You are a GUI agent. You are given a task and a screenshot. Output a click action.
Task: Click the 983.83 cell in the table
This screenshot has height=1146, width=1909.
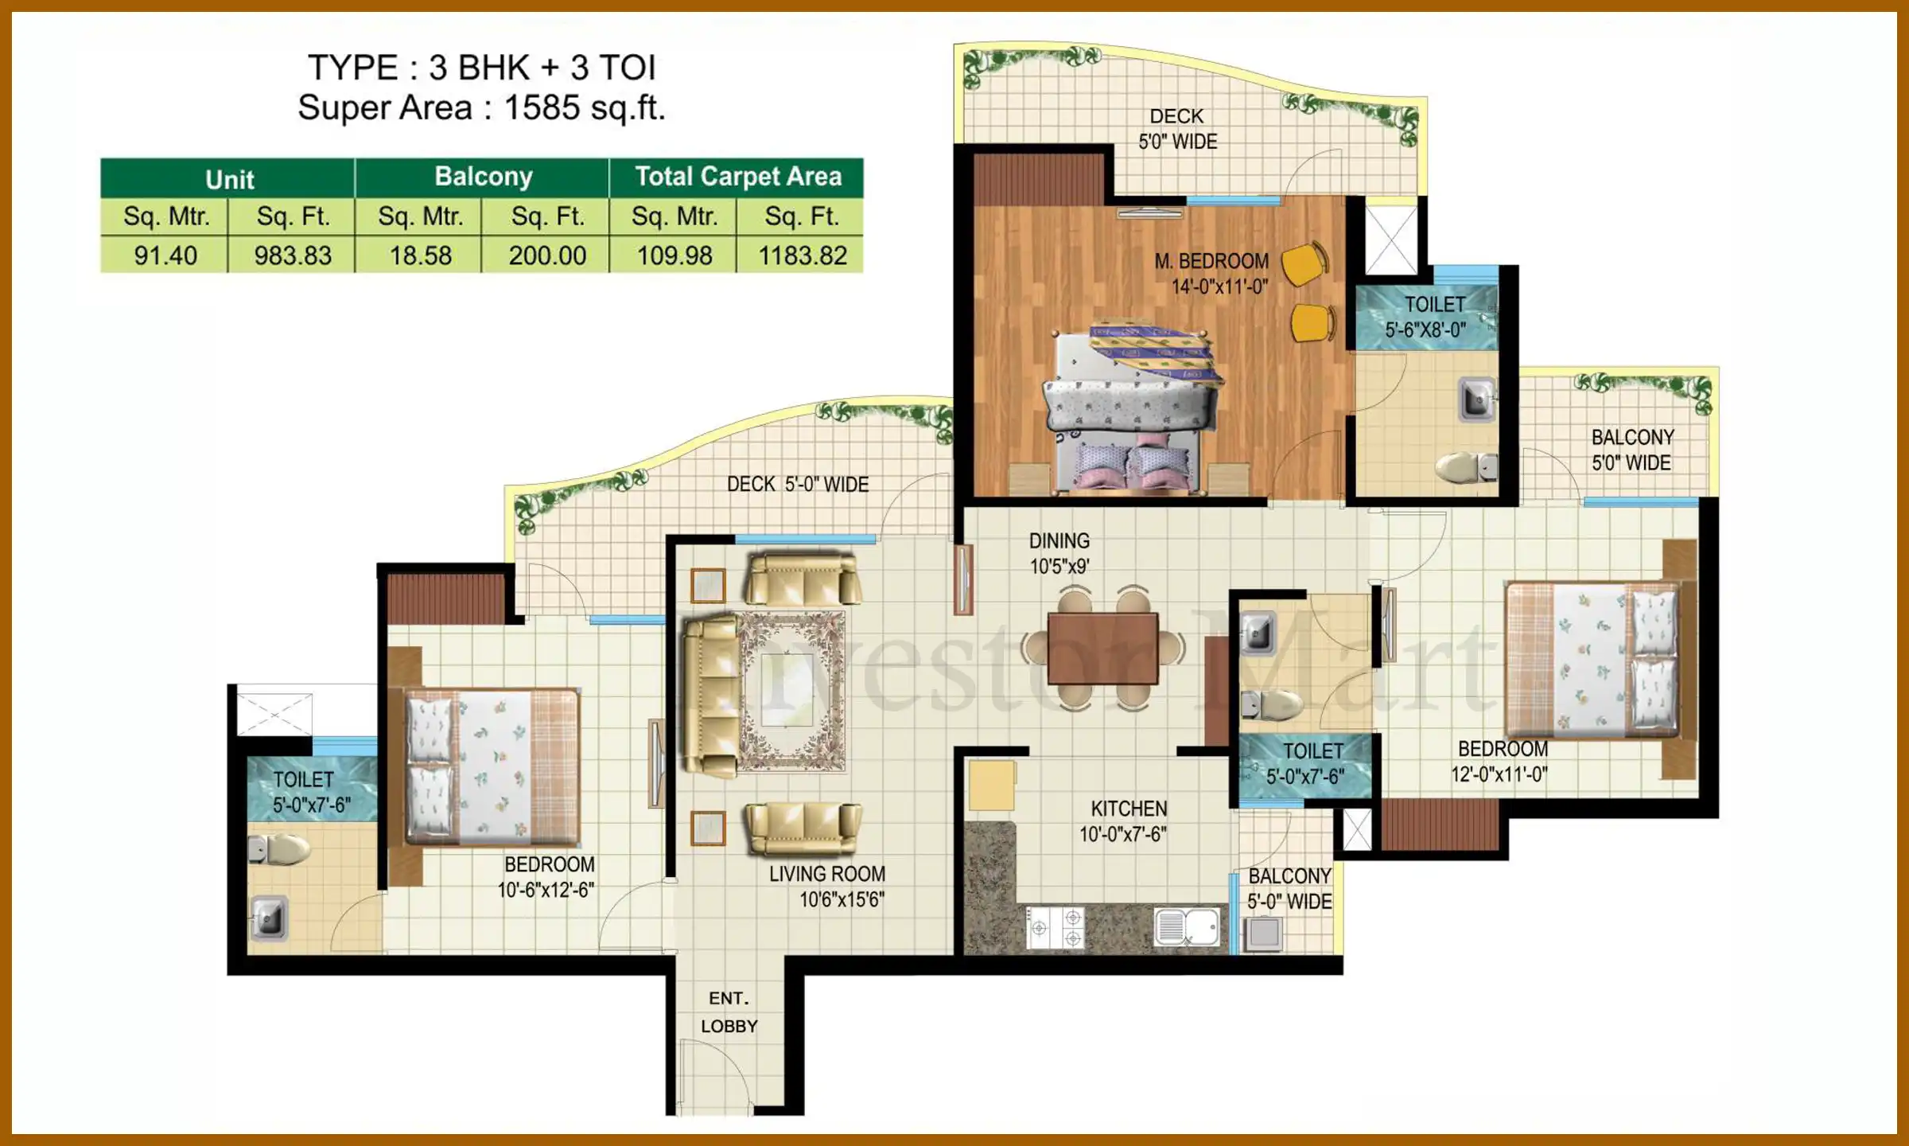point(292,255)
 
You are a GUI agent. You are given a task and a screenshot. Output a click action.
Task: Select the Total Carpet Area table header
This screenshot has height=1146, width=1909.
point(737,177)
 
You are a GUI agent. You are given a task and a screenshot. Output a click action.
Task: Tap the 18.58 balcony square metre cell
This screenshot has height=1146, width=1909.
point(420,255)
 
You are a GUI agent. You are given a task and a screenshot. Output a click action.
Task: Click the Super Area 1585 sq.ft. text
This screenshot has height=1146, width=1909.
point(481,108)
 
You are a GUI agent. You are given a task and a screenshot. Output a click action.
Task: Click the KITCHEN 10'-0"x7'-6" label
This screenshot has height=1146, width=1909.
point(1128,821)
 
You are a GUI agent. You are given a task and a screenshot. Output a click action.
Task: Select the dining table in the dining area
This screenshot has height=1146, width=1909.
point(1102,649)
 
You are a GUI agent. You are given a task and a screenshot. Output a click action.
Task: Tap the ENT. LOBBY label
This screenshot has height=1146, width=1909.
point(729,1012)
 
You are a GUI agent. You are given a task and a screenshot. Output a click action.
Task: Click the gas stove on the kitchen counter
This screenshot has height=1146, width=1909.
point(1055,927)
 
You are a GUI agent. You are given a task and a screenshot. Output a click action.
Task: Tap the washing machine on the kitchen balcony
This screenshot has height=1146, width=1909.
point(1262,934)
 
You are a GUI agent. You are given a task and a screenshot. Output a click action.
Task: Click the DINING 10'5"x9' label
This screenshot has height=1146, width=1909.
point(1059,553)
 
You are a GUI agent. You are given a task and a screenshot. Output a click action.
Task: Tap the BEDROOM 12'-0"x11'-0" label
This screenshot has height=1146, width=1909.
point(1501,762)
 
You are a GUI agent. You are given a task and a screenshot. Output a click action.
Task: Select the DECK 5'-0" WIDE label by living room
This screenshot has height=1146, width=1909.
point(797,484)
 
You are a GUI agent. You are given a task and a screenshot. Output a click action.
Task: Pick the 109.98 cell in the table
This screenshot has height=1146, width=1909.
point(675,255)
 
